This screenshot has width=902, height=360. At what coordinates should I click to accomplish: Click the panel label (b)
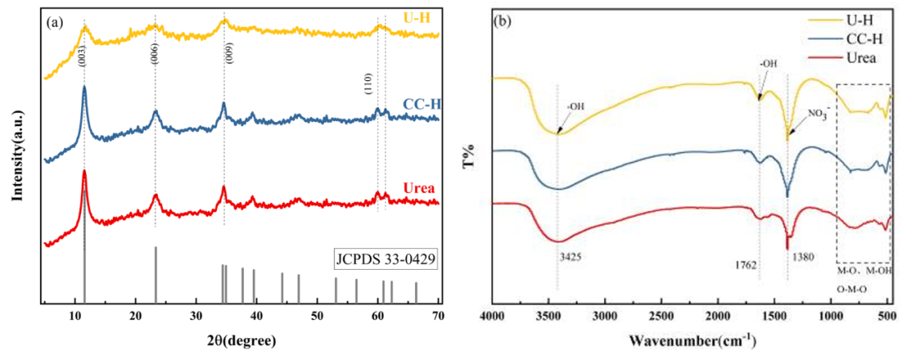505,23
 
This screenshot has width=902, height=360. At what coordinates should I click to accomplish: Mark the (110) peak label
368,84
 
